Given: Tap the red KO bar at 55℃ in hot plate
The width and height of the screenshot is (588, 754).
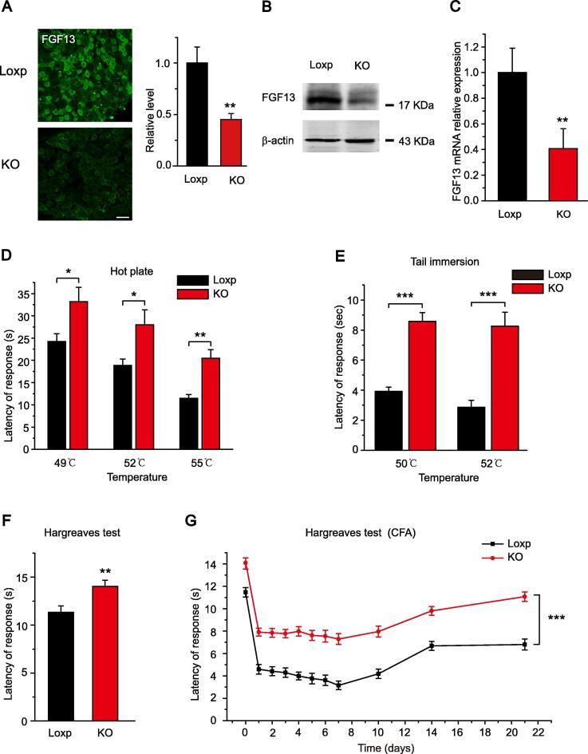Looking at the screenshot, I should click(x=210, y=403).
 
